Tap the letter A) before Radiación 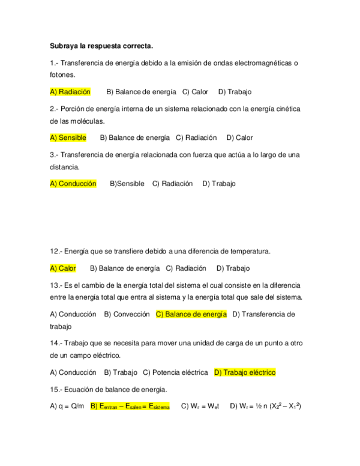(53, 92)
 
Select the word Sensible (73, 138)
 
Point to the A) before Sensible (53, 138)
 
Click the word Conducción (77, 184)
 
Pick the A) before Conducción (53, 184)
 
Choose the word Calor (67, 268)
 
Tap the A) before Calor (53, 268)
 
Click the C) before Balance (160, 314)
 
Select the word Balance (178, 314)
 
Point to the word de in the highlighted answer (198, 314)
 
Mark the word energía (215, 314)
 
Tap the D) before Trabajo (218, 372)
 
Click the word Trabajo (235, 372)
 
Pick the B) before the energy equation (94, 406)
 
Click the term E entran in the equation (108, 407)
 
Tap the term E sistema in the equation (160, 407)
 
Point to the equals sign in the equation (145, 406)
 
